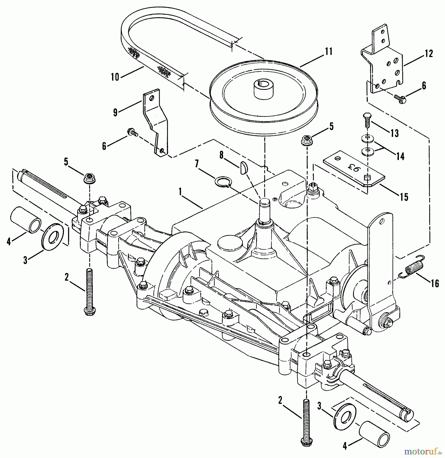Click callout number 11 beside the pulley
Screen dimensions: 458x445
pyautogui.click(x=329, y=52)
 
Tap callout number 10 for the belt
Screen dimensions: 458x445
pyautogui.click(x=115, y=77)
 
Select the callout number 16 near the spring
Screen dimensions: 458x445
pyautogui.click(x=435, y=283)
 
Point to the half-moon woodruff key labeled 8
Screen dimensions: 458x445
pyautogui.click(x=243, y=169)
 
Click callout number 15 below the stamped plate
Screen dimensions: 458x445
pyautogui.click(x=404, y=197)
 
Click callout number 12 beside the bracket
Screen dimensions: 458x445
pyautogui.click(x=429, y=54)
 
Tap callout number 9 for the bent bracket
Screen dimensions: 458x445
pyautogui.click(x=115, y=112)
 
